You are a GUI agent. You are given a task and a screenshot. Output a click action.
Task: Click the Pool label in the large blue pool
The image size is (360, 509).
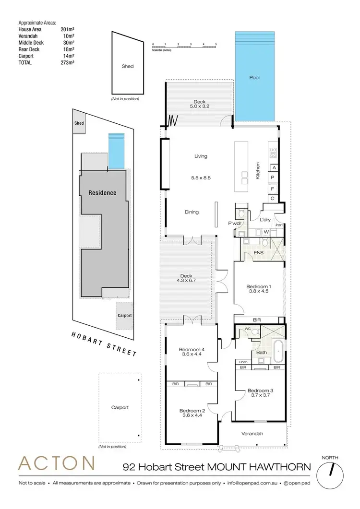click(x=254, y=77)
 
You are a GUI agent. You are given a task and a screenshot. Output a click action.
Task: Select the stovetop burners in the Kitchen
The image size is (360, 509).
click(x=273, y=153)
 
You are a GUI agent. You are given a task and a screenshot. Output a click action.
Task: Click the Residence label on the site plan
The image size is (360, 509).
click(x=102, y=193)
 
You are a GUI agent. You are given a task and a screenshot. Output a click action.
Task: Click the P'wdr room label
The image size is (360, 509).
click(x=234, y=224)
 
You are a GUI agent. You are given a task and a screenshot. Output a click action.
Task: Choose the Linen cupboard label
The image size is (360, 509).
click(x=242, y=362)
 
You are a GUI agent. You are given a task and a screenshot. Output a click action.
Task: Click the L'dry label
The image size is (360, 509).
click(x=265, y=220)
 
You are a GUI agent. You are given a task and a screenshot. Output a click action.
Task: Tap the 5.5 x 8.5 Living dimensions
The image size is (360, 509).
click(x=201, y=178)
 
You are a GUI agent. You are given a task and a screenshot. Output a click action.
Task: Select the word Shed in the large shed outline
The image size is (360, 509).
click(x=127, y=66)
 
